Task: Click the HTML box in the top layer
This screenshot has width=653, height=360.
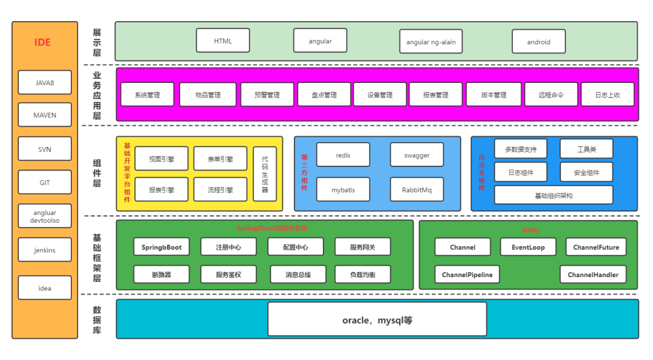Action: click(x=223, y=41)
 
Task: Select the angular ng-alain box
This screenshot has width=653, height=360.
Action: click(x=430, y=42)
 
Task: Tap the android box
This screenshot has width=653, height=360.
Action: click(x=538, y=42)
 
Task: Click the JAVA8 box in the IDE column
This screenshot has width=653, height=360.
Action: click(x=45, y=82)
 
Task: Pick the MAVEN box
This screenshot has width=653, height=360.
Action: click(x=45, y=115)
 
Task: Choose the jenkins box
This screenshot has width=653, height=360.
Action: click(x=45, y=250)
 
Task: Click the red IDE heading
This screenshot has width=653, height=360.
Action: click(x=42, y=42)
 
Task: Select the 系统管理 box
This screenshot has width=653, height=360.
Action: click(x=147, y=94)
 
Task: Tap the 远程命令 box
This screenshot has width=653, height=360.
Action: click(x=551, y=94)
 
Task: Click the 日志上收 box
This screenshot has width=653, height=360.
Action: click(x=607, y=94)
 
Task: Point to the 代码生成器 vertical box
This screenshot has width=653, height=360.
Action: click(x=265, y=174)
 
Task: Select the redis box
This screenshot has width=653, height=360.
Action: click(x=343, y=155)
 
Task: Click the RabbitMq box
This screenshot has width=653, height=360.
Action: click(x=417, y=189)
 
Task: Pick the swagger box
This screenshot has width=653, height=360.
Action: click(x=417, y=155)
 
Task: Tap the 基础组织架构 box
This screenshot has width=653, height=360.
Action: click(x=553, y=195)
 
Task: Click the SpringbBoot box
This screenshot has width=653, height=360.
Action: click(x=161, y=247)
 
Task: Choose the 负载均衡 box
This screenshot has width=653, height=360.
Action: click(x=362, y=274)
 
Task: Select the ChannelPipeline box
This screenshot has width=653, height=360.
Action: click(x=467, y=274)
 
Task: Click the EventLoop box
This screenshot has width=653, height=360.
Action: click(x=528, y=247)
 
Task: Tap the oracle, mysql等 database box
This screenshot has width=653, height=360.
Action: click(x=377, y=319)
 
